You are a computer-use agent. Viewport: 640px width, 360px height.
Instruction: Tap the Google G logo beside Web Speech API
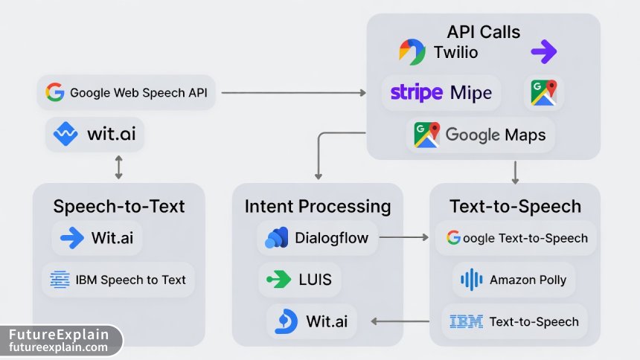(54, 92)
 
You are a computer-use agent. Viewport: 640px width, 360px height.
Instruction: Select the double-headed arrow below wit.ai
(118, 167)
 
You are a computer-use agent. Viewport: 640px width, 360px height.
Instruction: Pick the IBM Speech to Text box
(118, 280)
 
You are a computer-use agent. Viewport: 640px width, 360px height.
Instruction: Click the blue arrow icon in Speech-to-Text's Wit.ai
(72, 238)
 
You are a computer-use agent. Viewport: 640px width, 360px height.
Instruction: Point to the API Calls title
(483, 32)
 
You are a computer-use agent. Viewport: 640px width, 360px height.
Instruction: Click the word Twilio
(455, 53)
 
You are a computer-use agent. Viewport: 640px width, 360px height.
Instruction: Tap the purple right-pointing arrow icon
(543, 52)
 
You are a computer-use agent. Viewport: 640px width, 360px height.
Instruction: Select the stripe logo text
(416, 93)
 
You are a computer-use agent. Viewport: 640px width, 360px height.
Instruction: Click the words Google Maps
(495, 135)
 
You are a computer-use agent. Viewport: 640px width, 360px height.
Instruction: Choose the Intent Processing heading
(318, 207)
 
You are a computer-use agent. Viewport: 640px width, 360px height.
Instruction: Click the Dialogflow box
(317, 239)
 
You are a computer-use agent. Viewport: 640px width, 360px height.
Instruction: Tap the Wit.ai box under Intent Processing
(313, 321)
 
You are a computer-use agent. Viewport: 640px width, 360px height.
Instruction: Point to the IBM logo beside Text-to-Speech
(466, 322)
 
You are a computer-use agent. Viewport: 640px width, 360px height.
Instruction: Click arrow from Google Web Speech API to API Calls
(294, 93)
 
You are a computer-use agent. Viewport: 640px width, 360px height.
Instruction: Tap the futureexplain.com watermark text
(59, 347)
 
